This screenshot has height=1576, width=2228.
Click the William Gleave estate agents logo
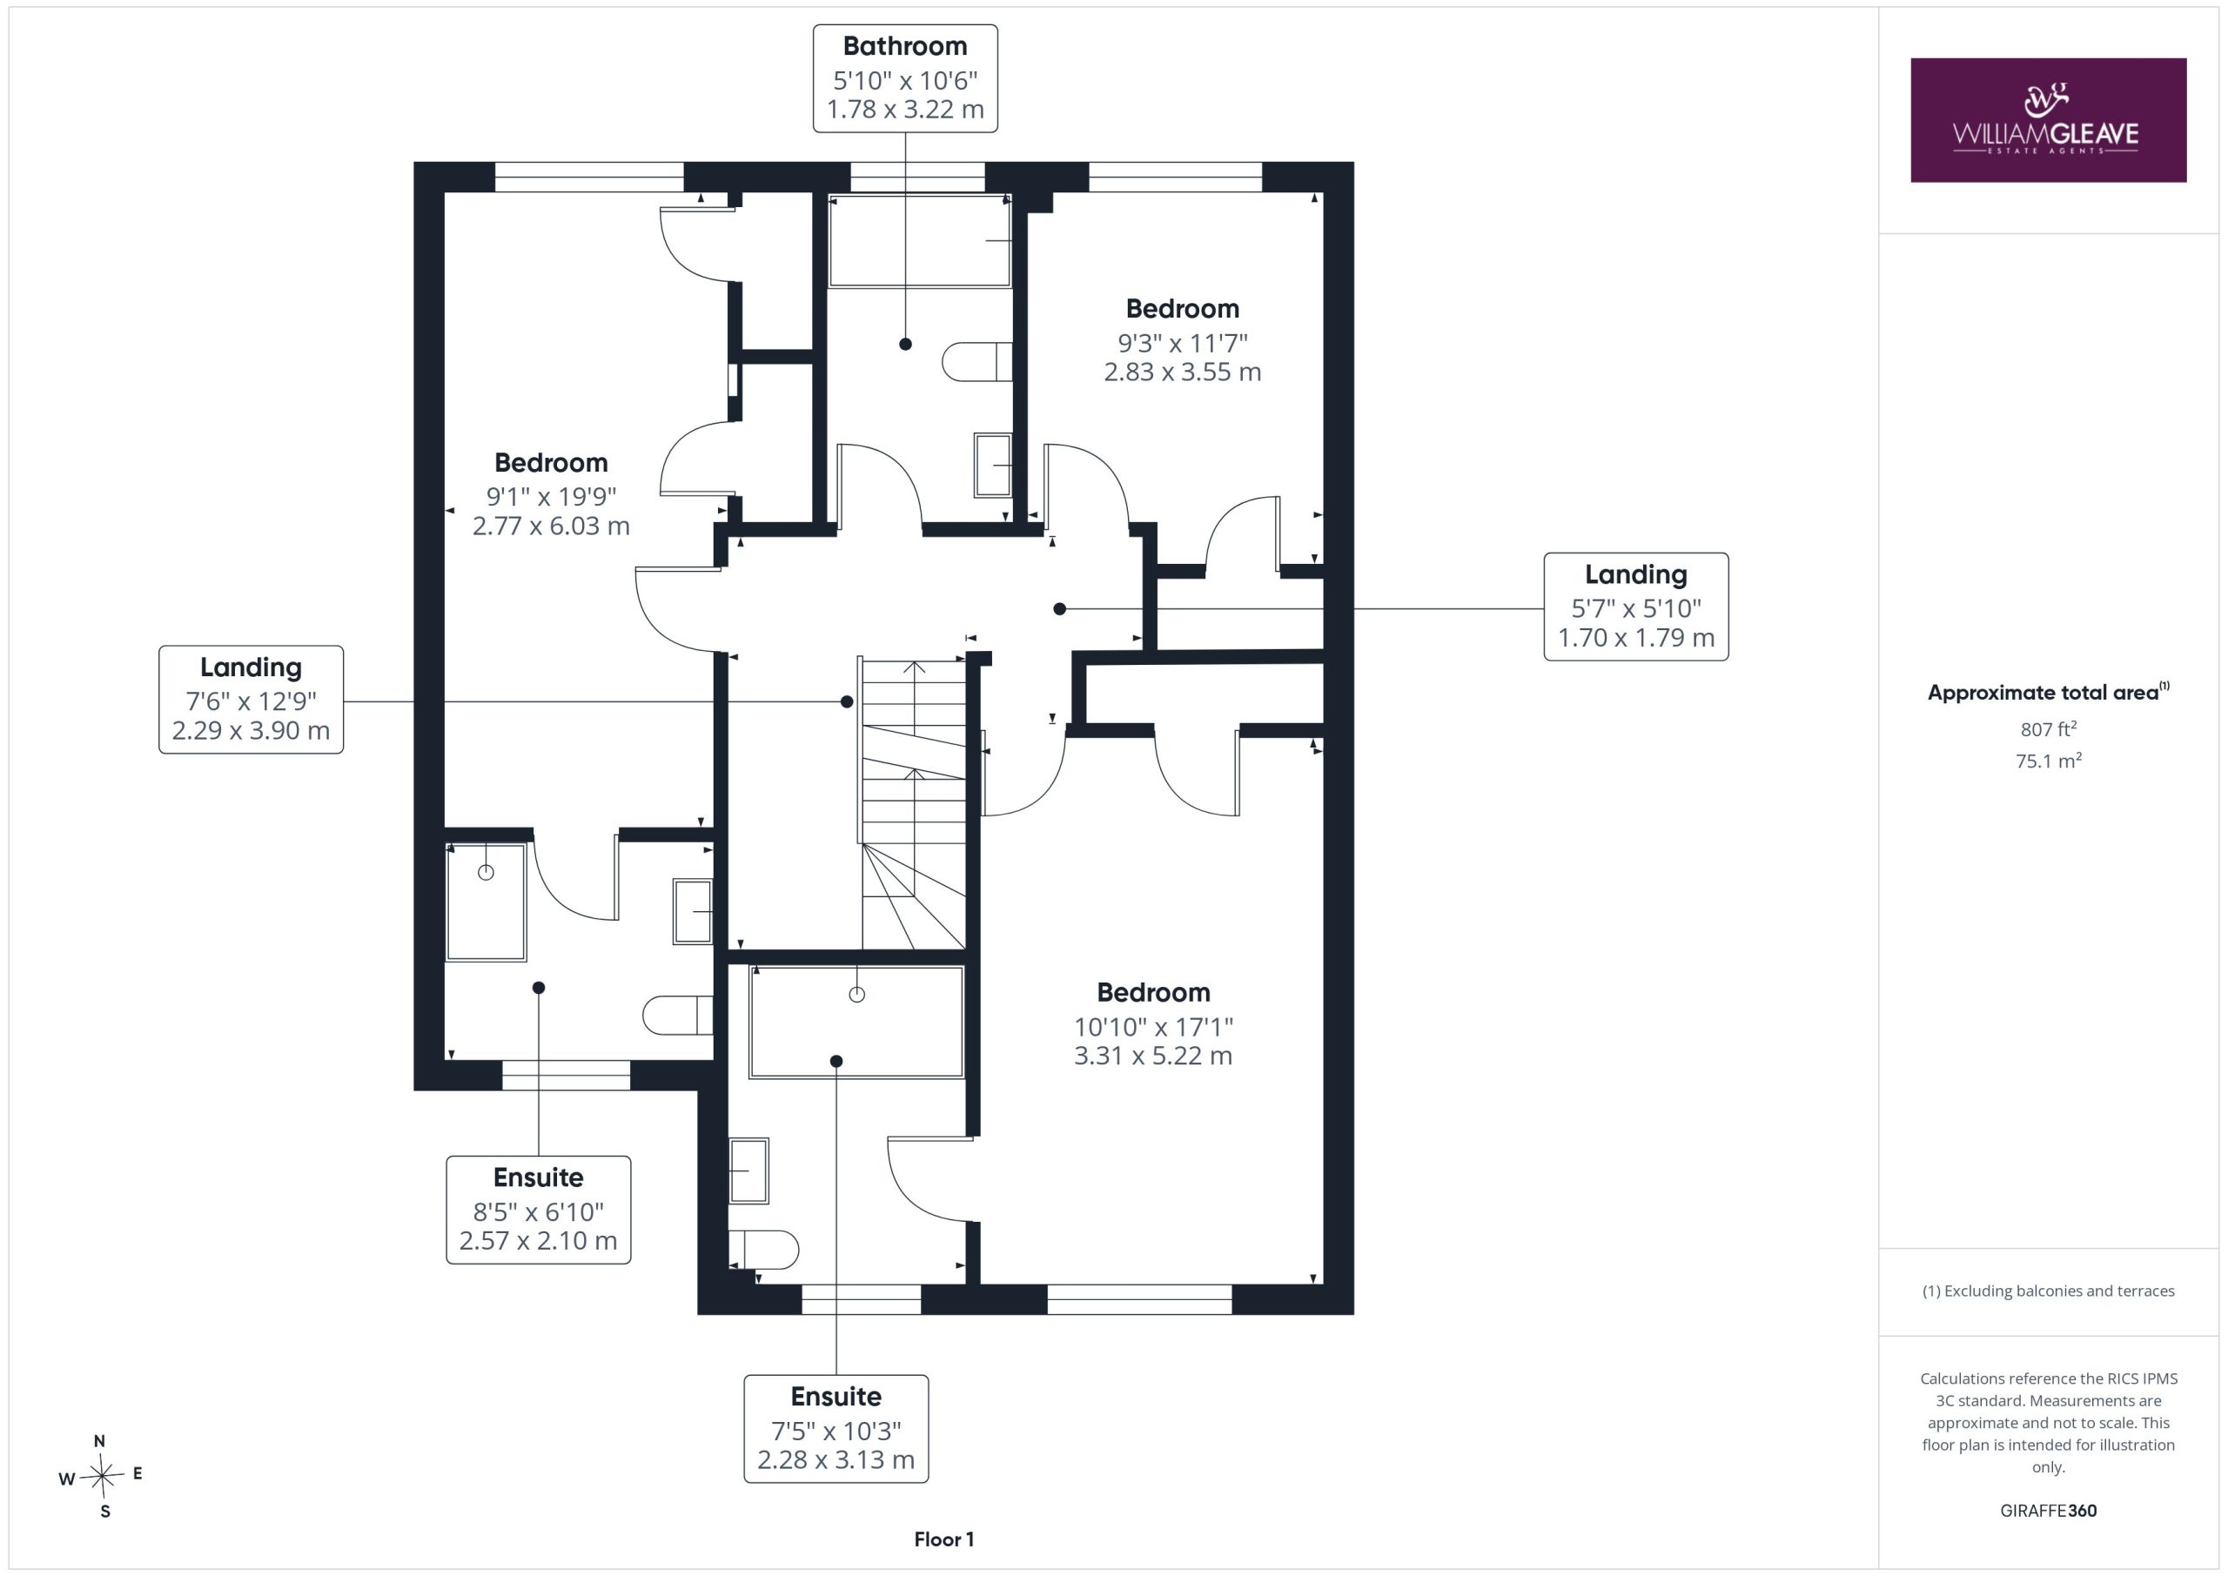[x=2048, y=119]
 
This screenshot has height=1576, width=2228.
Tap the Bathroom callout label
[x=904, y=78]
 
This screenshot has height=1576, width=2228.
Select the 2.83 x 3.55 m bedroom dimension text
[x=1182, y=372]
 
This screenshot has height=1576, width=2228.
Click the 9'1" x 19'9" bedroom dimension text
[x=551, y=497]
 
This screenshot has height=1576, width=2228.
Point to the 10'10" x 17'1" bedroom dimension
[x=1153, y=1027]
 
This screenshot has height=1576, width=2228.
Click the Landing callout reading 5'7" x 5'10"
[x=1635, y=607]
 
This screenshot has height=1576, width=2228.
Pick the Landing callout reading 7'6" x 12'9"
[x=251, y=699]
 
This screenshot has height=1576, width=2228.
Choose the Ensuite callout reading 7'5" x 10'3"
[x=835, y=1428]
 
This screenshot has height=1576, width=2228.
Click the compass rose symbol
[x=102, y=1476]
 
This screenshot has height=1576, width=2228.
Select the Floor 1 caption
[x=943, y=1539]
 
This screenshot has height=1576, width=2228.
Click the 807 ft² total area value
[x=2048, y=728]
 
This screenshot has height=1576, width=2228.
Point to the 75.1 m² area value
[x=2048, y=761]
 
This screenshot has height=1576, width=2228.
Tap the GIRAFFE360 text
[x=2048, y=1510]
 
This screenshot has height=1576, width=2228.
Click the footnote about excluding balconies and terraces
[x=2048, y=1291]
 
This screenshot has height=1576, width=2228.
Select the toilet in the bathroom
[x=977, y=362]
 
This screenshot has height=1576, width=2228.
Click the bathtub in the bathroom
[x=920, y=241]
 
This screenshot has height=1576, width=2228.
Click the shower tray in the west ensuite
[x=487, y=902]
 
